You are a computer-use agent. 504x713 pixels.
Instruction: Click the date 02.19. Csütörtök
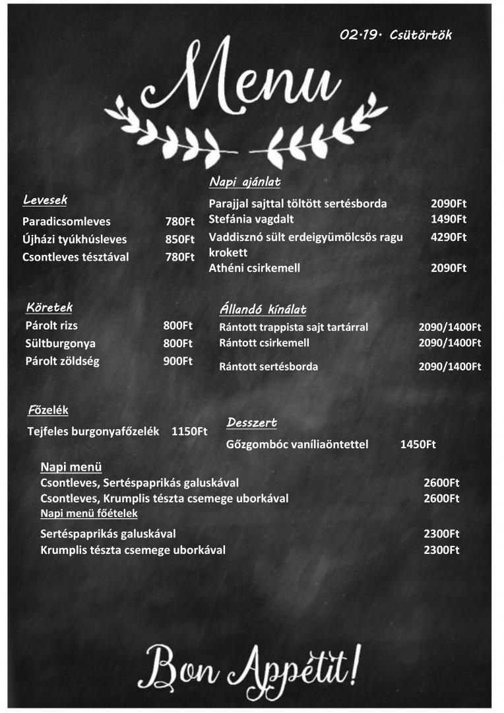[396, 35]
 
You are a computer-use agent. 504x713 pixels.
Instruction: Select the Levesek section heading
[45, 199]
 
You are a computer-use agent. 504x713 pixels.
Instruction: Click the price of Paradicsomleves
[179, 222]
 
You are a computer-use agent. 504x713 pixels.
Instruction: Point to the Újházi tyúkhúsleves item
[75, 240]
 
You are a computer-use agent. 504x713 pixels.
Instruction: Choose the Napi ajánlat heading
[245, 182]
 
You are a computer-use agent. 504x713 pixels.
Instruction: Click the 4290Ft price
[449, 237]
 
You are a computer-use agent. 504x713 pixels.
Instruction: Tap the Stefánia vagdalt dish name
[251, 219]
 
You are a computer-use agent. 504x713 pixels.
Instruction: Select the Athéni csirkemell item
[255, 268]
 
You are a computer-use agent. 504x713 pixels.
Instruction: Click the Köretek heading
[49, 307]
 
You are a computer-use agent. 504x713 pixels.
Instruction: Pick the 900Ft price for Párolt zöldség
[178, 361]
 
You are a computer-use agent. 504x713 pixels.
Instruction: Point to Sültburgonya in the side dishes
[60, 343]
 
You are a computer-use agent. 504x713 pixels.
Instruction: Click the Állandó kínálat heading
[263, 310]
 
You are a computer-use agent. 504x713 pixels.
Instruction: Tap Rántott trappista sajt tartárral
[294, 327]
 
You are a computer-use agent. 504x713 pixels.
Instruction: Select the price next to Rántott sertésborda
[450, 367]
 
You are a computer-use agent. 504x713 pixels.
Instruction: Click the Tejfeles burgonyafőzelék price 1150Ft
[189, 432]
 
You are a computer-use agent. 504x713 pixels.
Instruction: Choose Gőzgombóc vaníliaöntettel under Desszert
[297, 444]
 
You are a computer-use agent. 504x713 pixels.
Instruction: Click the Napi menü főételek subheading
[89, 514]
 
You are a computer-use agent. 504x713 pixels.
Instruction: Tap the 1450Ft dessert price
[418, 444]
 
